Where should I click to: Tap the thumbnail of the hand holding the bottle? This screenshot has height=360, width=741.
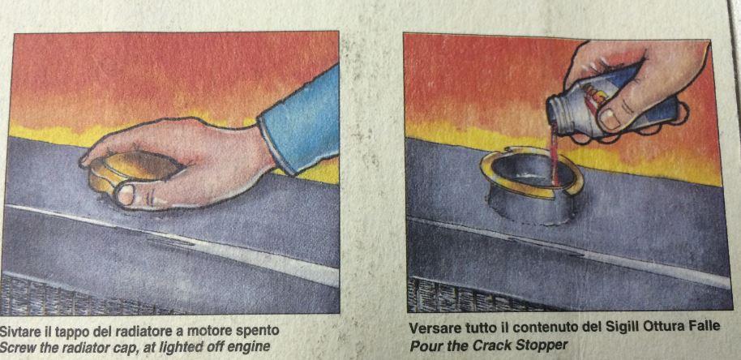coord(610,118)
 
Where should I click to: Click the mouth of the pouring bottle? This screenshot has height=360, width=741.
coord(553,112)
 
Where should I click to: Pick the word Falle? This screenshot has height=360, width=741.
coord(705,327)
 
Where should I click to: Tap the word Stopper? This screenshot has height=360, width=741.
coord(545,346)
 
